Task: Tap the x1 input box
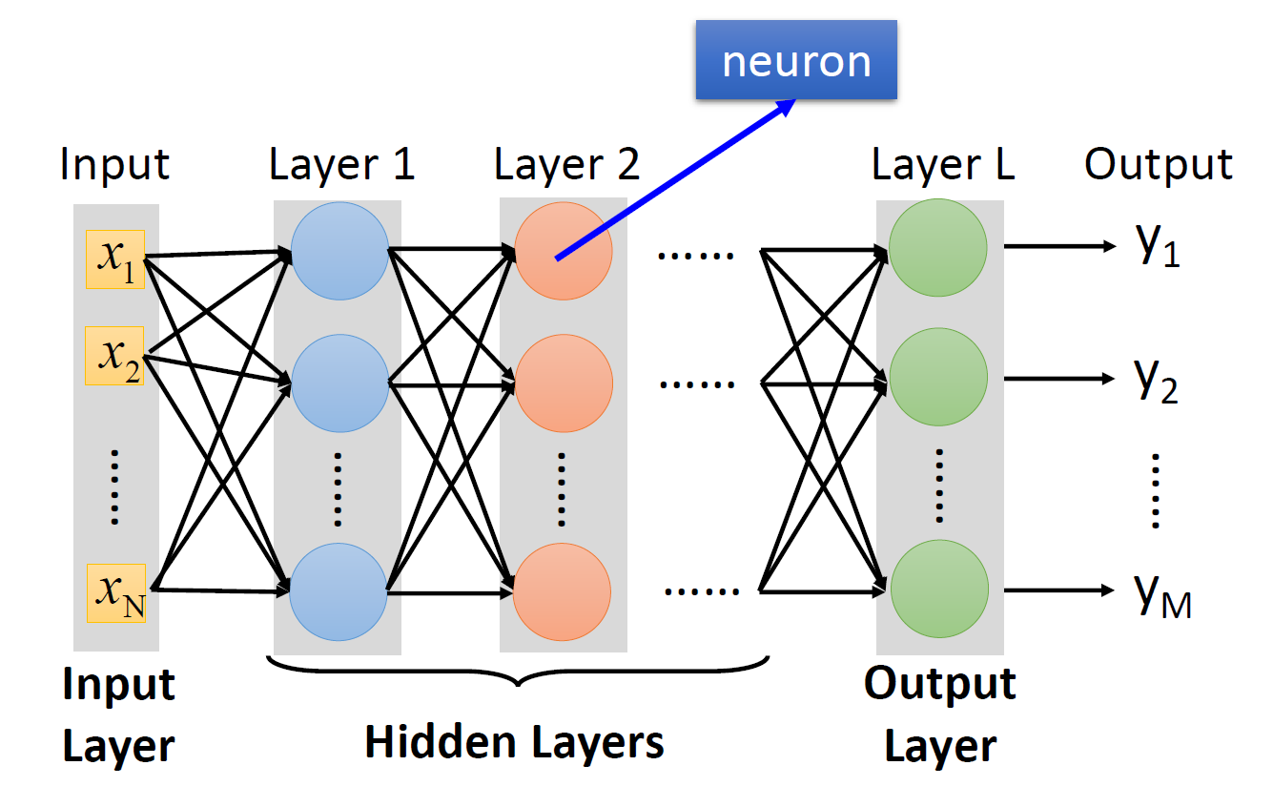click(115, 259)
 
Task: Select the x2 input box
click(114, 355)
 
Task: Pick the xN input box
click(116, 593)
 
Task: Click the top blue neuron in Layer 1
click(339, 251)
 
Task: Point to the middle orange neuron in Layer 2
click(563, 383)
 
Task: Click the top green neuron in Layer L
click(938, 248)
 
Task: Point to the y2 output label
click(1157, 381)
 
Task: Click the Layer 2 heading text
click(566, 165)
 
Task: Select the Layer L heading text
click(943, 165)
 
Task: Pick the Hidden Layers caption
click(515, 741)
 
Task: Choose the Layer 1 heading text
click(342, 165)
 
